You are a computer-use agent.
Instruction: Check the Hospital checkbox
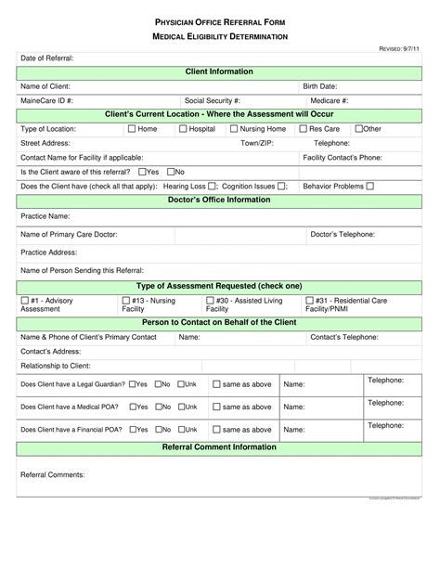(x=183, y=129)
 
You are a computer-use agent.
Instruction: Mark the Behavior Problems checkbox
(x=370, y=186)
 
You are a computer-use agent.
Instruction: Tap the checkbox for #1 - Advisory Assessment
(x=24, y=301)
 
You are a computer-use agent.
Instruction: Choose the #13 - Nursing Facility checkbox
(x=125, y=301)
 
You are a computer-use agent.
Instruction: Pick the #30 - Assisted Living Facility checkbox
(x=210, y=301)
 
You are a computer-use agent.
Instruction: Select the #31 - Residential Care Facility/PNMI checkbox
(x=310, y=301)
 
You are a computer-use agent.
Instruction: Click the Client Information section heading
(x=219, y=71)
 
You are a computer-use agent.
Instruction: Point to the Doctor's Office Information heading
(x=219, y=200)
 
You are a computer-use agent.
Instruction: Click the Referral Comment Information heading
(x=219, y=446)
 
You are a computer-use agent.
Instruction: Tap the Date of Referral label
(x=47, y=58)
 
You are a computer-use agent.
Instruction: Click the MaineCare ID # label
(x=47, y=100)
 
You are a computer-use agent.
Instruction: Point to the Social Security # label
(x=213, y=100)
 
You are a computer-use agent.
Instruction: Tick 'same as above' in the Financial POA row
(x=216, y=430)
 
